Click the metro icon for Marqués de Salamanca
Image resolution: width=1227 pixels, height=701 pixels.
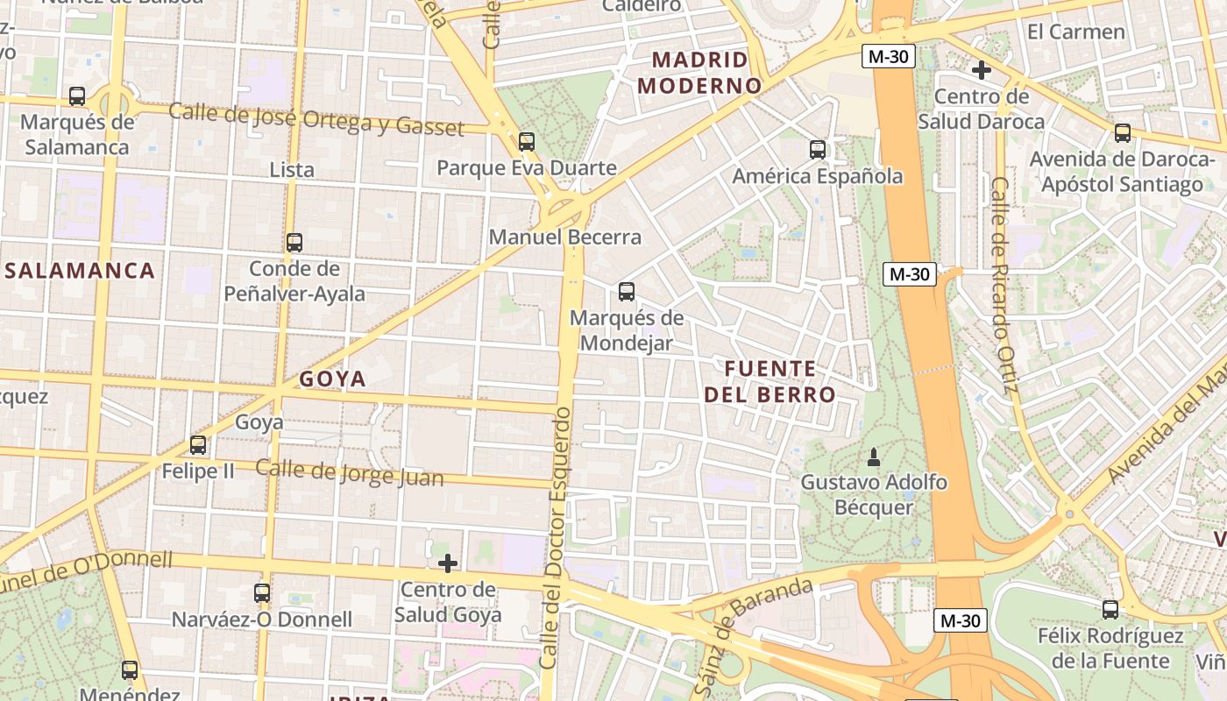(77, 96)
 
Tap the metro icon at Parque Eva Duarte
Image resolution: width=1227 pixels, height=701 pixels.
(526, 141)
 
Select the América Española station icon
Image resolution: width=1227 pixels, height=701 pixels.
(817, 150)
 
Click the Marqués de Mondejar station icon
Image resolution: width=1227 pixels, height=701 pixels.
(626, 292)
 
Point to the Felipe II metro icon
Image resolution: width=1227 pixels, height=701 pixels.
(198, 445)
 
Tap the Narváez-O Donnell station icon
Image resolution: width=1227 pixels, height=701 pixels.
(261, 593)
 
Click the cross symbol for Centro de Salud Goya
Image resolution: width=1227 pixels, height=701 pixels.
(448, 563)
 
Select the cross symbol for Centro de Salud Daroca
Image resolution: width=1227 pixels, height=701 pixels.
(982, 69)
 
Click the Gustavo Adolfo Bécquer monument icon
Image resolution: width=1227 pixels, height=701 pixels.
(873, 457)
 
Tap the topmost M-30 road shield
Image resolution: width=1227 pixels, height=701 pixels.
(888, 57)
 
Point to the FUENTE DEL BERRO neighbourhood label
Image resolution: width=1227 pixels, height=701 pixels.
(770, 381)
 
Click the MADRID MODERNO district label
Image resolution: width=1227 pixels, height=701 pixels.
(699, 73)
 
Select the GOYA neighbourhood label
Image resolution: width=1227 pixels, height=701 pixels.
(332, 379)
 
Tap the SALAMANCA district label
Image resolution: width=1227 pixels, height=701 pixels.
(80, 271)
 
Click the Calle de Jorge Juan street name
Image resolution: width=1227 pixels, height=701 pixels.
(349, 472)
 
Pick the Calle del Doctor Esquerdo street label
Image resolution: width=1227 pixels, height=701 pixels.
(556, 543)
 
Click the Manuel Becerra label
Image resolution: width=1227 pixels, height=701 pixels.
(564, 237)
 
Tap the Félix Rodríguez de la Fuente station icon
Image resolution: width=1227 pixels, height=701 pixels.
(1110, 609)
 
